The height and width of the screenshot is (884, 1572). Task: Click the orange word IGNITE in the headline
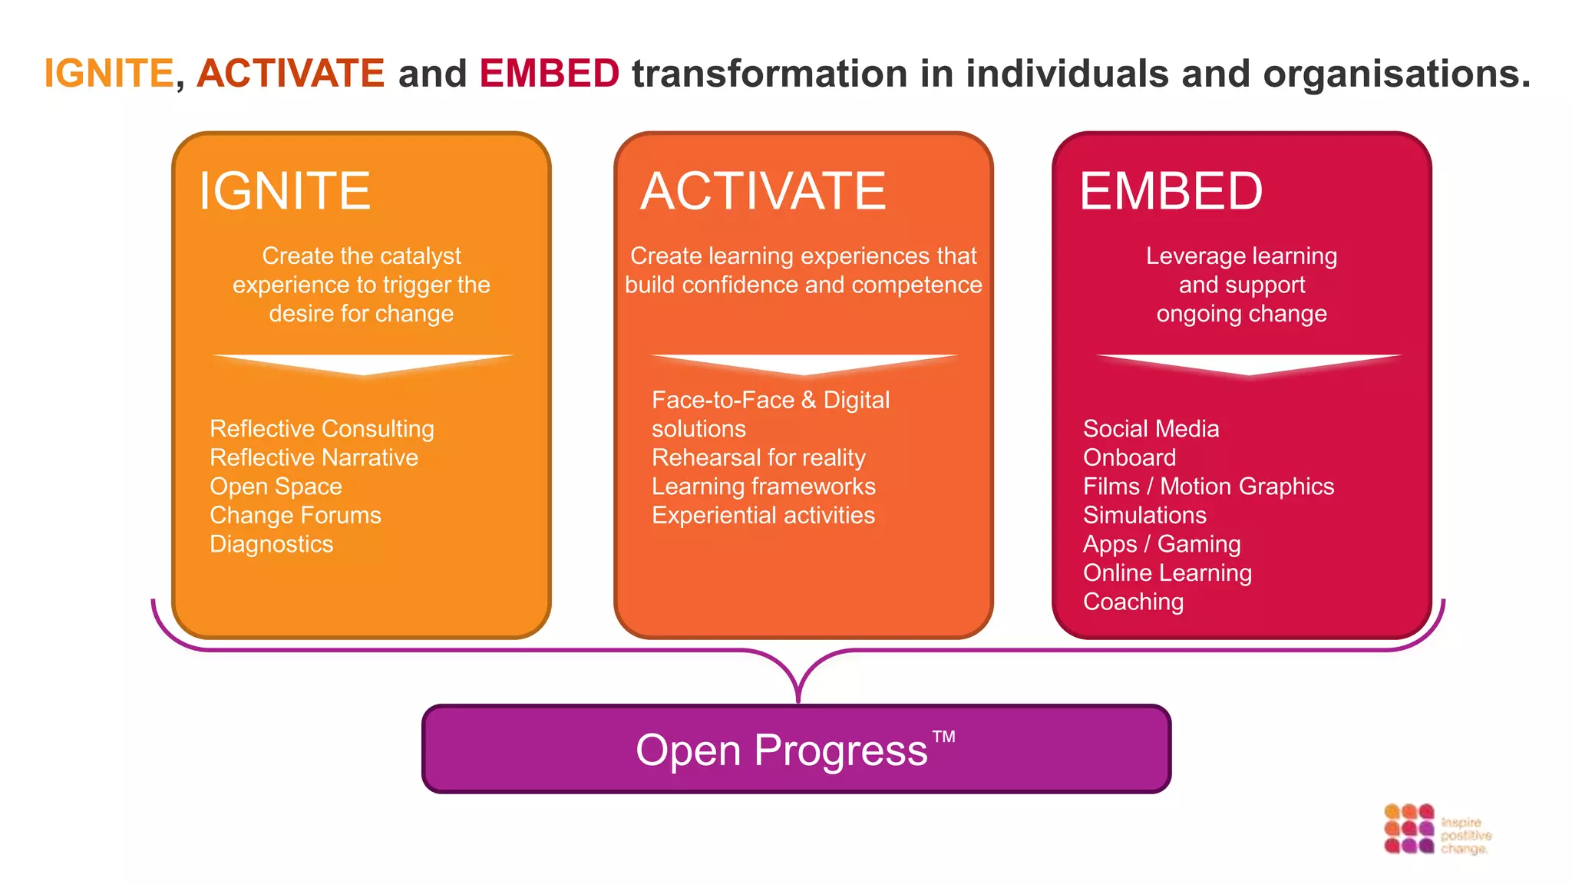tap(109, 74)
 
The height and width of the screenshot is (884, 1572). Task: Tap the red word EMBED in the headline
tap(549, 74)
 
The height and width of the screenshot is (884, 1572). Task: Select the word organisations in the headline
tap(1396, 74)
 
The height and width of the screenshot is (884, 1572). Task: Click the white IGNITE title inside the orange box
tap(285, 191)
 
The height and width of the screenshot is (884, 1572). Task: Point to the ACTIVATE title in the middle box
tap(763, 191)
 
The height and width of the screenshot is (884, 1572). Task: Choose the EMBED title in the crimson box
tap(1171, 191)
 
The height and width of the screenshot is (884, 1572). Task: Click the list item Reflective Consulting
tap(322, 428)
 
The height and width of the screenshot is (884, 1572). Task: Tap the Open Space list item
tap(276, 487)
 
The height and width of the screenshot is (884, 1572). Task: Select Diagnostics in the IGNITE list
tap(271, 544)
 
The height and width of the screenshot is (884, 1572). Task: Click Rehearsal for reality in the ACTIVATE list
tap(758, 457)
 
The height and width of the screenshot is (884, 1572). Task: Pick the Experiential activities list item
tap(763, 515)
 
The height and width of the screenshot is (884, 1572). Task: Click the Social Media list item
tap(1151, 428)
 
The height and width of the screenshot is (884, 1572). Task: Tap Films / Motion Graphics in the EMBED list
tap(1208, 487)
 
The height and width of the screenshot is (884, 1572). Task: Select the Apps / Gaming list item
tap(1161, 544)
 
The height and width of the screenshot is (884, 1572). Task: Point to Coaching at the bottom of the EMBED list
tap(1133, 602)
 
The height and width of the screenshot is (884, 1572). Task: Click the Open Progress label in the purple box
tap(781, 750)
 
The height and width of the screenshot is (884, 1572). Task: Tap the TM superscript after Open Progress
tap(943, 737)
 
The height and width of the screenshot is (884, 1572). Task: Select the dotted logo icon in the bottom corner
tap(1409, 829)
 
